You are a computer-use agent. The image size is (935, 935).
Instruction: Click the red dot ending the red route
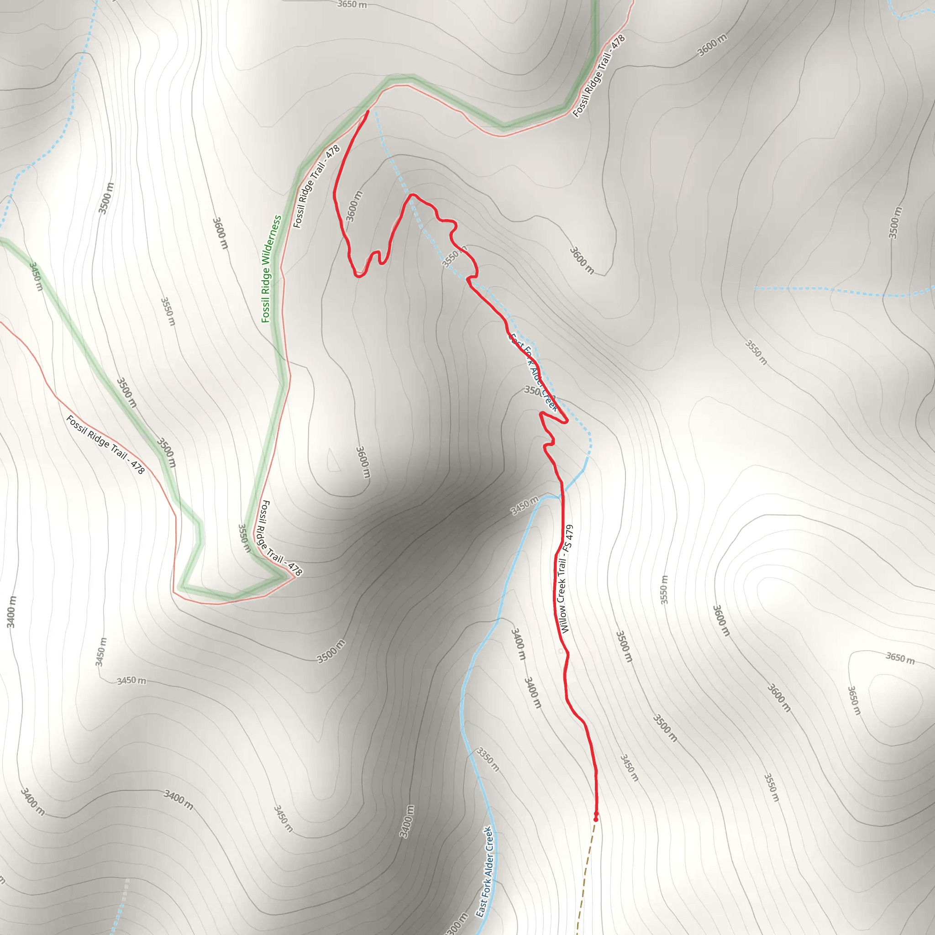point(595,819)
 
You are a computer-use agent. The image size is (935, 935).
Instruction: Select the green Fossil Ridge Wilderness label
point(271,268)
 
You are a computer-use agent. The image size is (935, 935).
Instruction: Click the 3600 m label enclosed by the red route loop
point(354,206)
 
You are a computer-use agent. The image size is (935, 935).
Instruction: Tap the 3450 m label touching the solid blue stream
point(524,506)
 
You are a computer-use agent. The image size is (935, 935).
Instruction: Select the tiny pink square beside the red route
point(561,651)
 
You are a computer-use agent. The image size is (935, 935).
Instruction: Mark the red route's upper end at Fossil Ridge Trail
point(368,112)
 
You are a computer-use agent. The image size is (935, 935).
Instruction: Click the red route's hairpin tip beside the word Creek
point(566,421)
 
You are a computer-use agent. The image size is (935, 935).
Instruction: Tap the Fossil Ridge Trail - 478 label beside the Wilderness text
point(316,187)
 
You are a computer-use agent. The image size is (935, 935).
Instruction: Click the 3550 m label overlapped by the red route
point(454,257)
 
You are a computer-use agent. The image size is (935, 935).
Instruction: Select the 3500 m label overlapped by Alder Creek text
point(532,390)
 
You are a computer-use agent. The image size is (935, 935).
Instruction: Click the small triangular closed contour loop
point(333,461)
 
